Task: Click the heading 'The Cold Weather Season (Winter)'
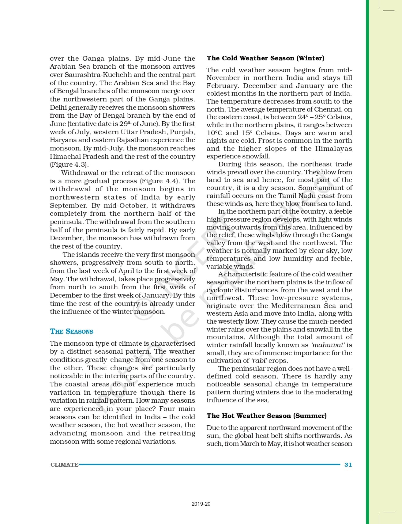click(265, 58)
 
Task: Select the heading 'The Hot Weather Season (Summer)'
click(266, 416)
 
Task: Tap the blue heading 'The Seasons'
click(71, 331)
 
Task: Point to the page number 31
click(348, 465)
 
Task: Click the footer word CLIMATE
click(64, 465)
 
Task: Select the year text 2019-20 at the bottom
click(201, 504)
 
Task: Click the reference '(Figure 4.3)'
click(69, 165)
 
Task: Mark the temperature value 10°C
click(214, 133)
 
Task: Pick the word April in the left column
click(117, 271)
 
